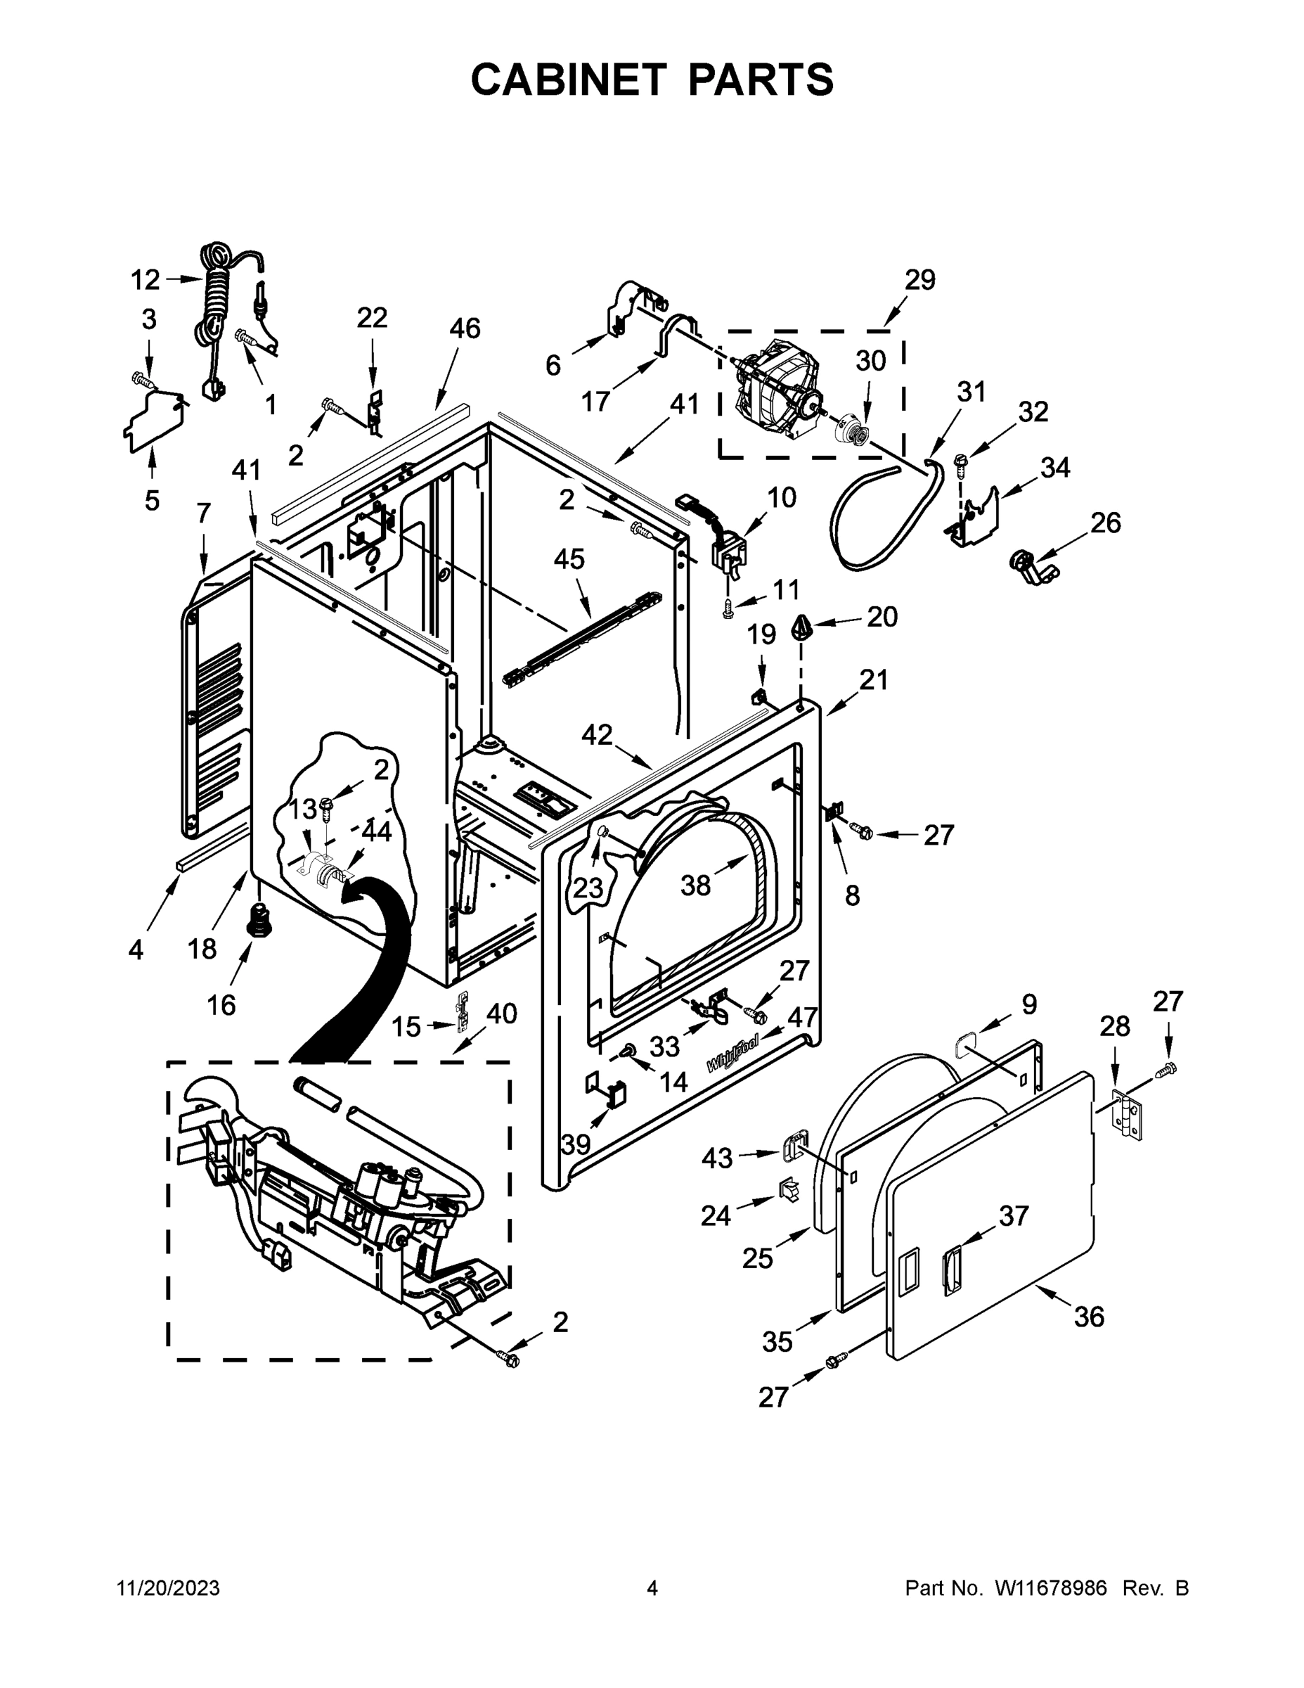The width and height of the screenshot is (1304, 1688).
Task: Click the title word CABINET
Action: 568,79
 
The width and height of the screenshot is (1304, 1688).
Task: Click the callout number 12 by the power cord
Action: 145,280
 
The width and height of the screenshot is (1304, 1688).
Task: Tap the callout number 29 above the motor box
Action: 919,279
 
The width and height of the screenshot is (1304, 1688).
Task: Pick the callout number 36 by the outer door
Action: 1088,1315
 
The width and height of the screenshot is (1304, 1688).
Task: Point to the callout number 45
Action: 569,559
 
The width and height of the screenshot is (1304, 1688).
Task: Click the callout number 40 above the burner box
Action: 501,1013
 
